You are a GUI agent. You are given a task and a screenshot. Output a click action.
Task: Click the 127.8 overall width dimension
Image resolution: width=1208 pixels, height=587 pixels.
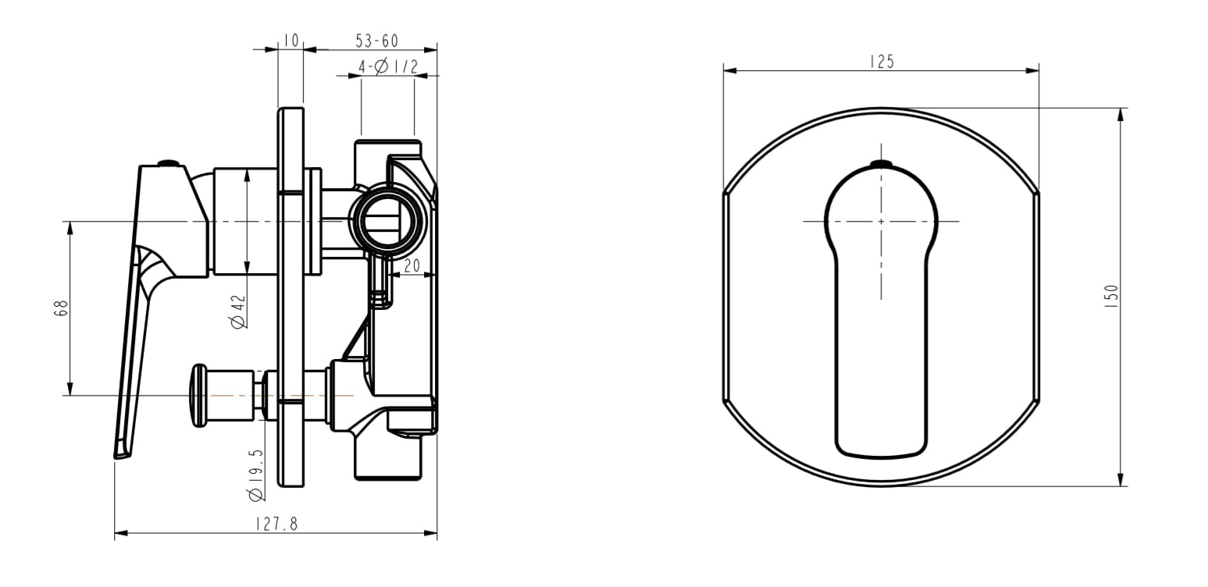[x=276, y=525]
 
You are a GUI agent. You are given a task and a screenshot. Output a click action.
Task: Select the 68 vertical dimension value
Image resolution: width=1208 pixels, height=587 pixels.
[x=62, y=308]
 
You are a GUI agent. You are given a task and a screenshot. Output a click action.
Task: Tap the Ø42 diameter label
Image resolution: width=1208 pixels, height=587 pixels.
[x=239, y=311]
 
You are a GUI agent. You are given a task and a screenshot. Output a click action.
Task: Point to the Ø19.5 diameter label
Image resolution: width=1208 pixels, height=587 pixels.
[x=255, y=474]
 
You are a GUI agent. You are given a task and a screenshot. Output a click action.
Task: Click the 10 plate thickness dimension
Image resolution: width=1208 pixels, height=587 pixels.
[x=290, y=41]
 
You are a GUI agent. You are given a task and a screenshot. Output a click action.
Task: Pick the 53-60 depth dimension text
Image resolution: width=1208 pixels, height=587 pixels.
[x=376, y=41]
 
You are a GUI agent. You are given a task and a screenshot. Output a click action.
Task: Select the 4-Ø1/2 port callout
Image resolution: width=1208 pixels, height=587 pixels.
[x=387, y=68]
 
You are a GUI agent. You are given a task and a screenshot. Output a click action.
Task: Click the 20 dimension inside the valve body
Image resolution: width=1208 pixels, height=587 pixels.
[x=412, y=265]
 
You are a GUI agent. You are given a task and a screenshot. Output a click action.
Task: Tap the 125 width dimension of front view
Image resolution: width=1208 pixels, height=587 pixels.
[x=881, y=62]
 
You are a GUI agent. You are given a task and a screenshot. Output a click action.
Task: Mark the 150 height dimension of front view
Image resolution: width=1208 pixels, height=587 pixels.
[x=1112, y=297]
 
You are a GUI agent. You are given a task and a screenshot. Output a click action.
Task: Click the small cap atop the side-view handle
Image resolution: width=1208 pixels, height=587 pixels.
[x=168, y=163]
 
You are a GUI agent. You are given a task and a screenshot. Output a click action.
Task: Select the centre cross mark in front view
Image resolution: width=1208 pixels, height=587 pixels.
[x=881, y=222]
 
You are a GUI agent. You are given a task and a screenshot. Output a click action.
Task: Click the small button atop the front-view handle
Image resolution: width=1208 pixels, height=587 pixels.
[x=881, y=164]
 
